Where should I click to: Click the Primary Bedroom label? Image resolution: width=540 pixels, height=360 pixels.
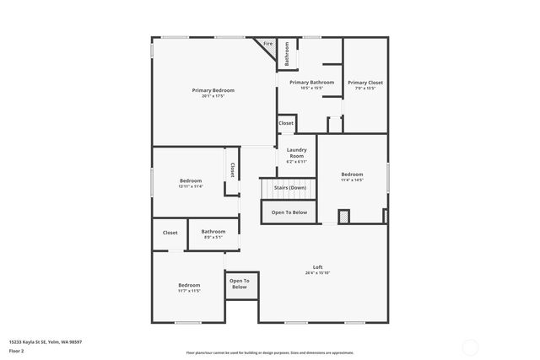(213, 90)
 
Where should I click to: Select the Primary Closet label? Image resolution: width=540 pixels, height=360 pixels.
(364, 83)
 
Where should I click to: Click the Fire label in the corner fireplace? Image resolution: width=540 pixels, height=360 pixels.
(268, 43)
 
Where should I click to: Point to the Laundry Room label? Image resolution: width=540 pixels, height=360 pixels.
(296, 153)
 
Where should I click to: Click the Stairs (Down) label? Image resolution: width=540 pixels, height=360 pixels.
(289, 187)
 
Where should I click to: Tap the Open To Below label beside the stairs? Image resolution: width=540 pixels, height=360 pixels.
(289, 212)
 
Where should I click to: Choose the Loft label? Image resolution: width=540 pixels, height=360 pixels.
(318, 267)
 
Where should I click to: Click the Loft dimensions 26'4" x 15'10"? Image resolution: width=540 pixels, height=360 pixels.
(318, 273)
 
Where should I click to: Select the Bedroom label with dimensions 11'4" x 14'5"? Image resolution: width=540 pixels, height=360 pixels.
(352, 175)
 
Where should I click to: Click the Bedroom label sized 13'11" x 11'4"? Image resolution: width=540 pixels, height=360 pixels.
(191, 180)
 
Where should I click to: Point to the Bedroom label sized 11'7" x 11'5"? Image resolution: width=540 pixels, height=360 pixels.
(189, 285)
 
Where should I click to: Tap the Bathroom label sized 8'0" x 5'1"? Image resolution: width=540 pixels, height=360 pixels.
(213, 231)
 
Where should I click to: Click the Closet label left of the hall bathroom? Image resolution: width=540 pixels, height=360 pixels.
(170, 233)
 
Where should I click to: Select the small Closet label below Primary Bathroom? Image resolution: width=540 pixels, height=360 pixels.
(286, 123)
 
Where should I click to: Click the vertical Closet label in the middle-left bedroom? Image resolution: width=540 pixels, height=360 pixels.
(232, 169)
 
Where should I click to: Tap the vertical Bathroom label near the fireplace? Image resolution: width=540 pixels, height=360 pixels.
(287, 54)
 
